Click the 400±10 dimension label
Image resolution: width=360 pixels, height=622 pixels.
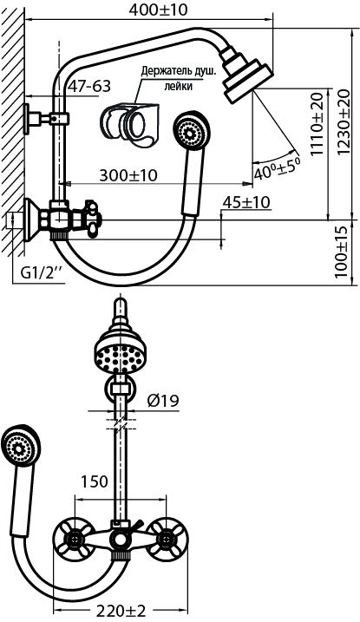point(158,10)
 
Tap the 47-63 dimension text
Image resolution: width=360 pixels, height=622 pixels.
point(88,86)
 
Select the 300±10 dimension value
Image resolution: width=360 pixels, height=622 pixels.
point(128,175)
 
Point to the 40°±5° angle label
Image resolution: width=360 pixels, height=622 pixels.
point(278,167)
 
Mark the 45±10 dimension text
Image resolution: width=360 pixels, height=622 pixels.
point(246,202)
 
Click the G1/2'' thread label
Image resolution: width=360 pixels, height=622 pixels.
point(42,272)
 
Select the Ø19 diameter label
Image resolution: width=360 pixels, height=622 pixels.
point(163,401)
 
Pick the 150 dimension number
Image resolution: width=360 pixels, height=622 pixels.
point(95,481)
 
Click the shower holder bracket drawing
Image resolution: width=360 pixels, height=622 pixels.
point(129,121)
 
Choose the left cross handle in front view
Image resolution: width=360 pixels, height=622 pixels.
point(75,539)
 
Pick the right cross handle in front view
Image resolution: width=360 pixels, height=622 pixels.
point(167,539)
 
